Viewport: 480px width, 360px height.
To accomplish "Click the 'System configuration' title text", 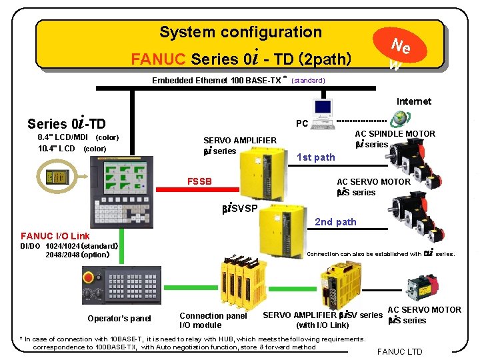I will (241, 32).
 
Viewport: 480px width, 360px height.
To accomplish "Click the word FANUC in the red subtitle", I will (159, 59).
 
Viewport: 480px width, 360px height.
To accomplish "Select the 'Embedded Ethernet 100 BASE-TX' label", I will (217, 81).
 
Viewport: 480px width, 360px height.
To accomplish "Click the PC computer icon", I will (322, 110).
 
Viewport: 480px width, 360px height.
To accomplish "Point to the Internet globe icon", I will (399, 118).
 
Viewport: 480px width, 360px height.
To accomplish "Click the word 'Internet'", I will (413, 101).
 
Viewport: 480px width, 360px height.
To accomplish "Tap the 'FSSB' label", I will (199, 181).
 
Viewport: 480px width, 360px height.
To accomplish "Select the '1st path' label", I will (315, 157).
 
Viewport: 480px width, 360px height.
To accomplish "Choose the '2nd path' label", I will (335, 222).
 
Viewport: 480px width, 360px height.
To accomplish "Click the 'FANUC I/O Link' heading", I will (55, 236).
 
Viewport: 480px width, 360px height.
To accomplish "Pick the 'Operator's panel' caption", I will (119, 319).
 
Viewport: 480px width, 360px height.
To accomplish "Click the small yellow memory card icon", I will (57, 176).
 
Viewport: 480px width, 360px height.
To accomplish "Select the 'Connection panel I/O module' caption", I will (213, 320).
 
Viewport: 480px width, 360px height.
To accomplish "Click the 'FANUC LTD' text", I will (400, 351).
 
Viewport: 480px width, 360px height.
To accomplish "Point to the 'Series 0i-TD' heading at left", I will (67, 123).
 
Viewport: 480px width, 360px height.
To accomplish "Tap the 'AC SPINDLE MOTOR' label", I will (395, 134).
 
